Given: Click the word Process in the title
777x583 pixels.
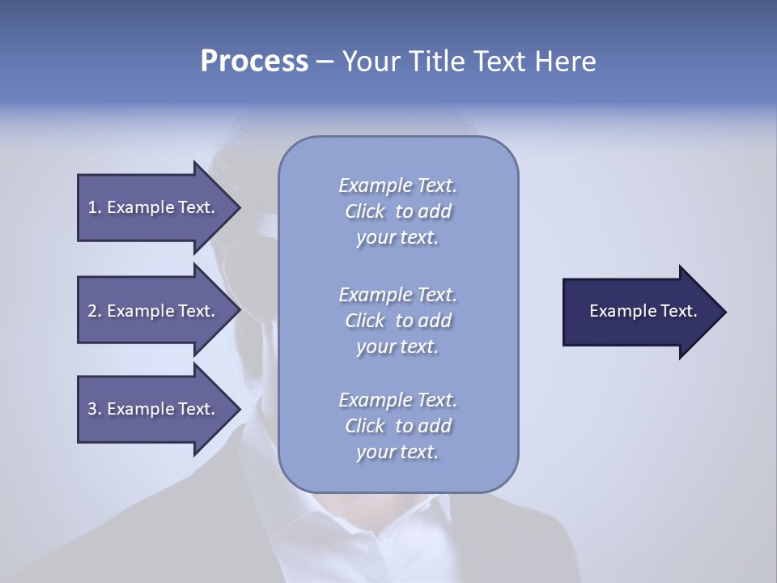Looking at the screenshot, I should click(254, 62).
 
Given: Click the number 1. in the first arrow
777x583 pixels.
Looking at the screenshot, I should click(95, 207).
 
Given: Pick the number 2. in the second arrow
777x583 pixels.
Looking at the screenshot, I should click(95, 311).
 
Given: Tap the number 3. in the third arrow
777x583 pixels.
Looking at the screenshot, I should click(95, 409).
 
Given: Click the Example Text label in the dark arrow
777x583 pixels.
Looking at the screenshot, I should click(643, 311).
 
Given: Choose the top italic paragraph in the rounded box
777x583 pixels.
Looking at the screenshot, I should click(398, 211).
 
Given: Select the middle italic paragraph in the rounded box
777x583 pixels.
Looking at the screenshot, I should click(398, 321).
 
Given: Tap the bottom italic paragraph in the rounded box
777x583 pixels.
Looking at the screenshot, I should click(398, 426).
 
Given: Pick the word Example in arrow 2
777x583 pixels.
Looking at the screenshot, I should click(141, 311).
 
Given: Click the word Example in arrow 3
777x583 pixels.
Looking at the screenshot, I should click(141, 409).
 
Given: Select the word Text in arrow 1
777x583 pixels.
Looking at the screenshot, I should click(197, 207).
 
